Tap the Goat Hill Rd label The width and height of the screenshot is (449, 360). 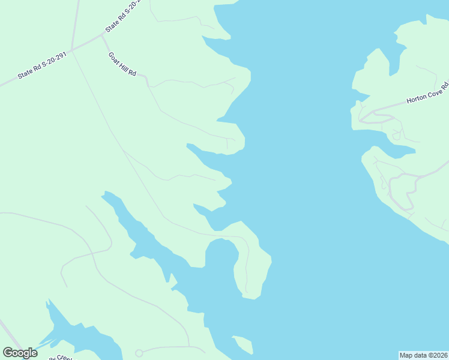[x=122, y=64]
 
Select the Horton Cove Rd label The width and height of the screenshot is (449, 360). [x=427, y=94]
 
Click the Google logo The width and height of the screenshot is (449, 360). [x=20, y=353]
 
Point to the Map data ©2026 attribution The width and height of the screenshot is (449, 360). [x=423, y=355]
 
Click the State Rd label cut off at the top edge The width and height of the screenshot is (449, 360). [x=122, y=17]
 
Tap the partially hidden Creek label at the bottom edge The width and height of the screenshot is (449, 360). [x=60, y=358]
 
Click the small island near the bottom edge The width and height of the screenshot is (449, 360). [x=243, y=345]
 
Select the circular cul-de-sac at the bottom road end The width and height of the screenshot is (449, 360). [x=139, y=353]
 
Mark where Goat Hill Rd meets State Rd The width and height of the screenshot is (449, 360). [x=103, y=35]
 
